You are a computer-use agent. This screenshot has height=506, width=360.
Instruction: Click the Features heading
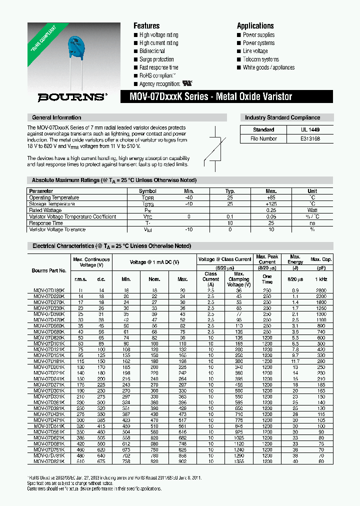pos(146,26)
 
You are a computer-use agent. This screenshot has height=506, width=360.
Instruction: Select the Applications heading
pos(255,26)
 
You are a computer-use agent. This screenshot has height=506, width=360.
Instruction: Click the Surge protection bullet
pos(156,59)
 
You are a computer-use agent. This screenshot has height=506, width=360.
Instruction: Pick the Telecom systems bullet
pos(260,59)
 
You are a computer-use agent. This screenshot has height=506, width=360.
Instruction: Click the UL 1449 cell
pos(310,129)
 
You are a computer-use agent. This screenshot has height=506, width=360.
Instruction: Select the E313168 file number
pos(310,139)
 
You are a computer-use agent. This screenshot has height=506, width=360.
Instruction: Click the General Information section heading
pos(56,117)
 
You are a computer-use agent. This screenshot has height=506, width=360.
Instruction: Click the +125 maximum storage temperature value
pos(271,204)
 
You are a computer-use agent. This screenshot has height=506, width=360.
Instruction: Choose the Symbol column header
pos(147,191)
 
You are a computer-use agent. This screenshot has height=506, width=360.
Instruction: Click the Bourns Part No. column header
pos(49,270)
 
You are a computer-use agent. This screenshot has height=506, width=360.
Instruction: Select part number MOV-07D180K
pos(48,290)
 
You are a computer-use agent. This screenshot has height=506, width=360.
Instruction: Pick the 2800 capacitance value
pos(321,290)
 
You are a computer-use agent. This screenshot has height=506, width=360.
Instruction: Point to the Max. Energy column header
pos(295,259)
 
